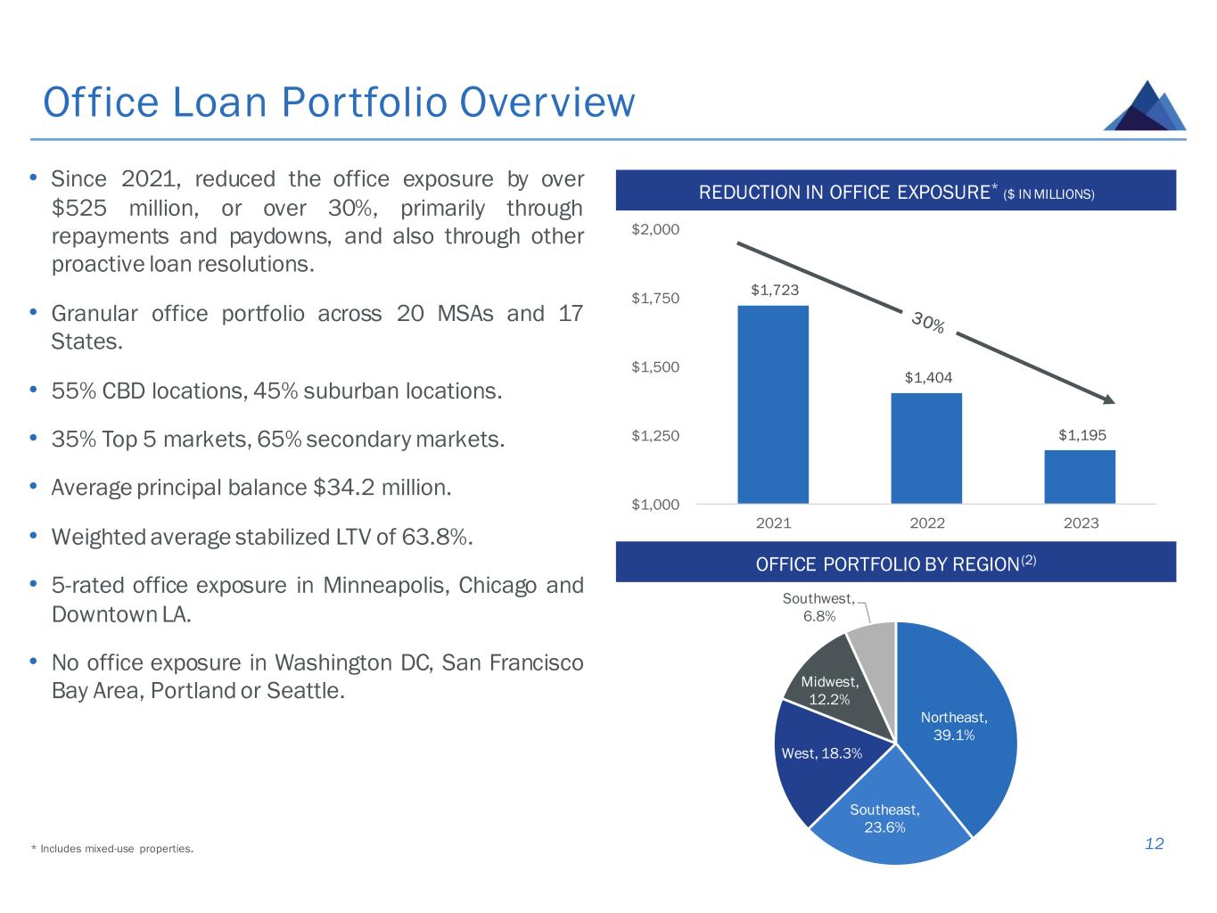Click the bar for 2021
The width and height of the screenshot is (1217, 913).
pos(773,405)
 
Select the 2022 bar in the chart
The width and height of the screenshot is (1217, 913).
pos(926,448)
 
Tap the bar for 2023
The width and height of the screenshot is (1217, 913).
pos(1080,477)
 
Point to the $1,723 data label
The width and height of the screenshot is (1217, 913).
pos(774,290)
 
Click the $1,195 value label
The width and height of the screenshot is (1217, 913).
pos(1081,435)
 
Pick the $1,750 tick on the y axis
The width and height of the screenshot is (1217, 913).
pos(655,298)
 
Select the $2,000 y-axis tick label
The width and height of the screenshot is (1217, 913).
pos(655,229)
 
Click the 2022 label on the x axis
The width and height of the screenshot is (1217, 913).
pos(927,523)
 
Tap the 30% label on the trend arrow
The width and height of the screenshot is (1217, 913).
pos(928,323)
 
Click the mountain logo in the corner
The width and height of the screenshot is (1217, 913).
pos(1145,106)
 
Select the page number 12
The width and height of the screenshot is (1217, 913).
pos(1154,844)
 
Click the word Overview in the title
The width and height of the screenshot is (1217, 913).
pos(548,103)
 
